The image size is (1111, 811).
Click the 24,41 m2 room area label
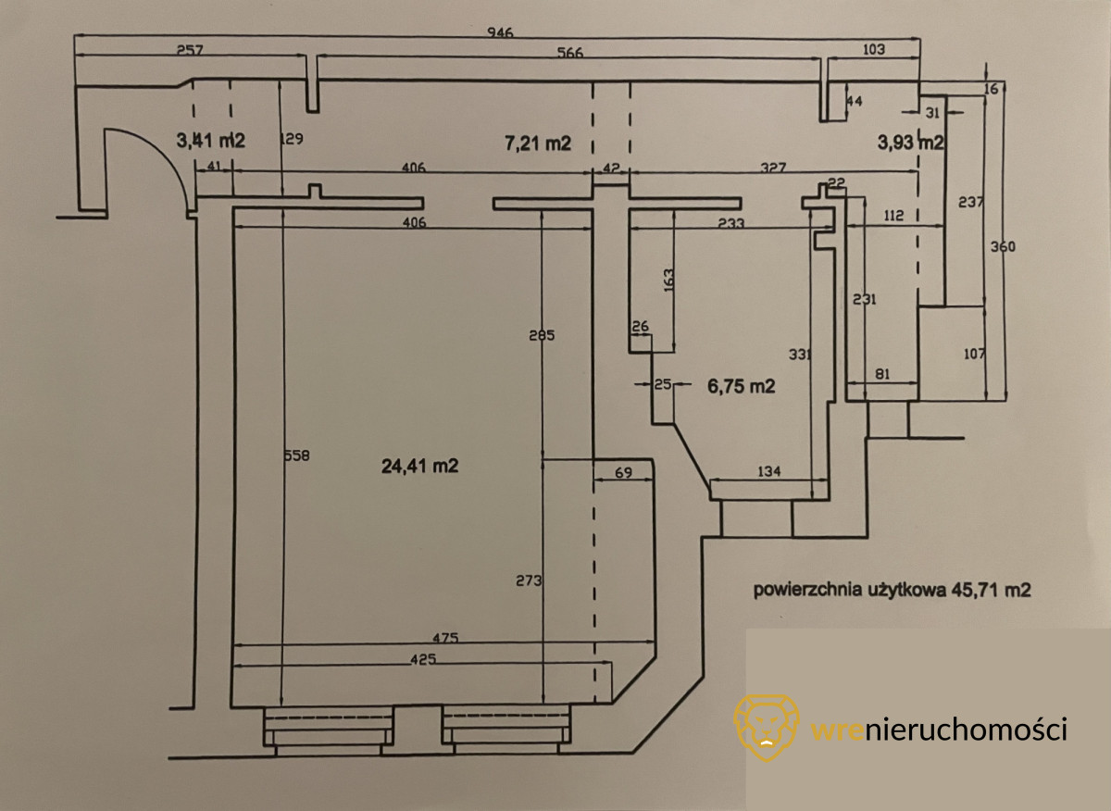coord(419,467)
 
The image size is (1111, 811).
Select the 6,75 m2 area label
coord(741,387)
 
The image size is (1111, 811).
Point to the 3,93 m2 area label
coord(909,143)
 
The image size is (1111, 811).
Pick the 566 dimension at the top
coord(570,53)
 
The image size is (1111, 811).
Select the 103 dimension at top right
coord(873,49)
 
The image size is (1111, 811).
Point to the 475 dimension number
coord(445,639)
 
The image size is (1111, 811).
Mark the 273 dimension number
coord(527,580)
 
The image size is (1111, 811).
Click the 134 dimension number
coord(768,471)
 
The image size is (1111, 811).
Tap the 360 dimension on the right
coord(1003,247)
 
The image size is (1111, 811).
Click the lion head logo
coord(766,728)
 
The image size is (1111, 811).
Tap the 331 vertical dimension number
coord(799,355)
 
